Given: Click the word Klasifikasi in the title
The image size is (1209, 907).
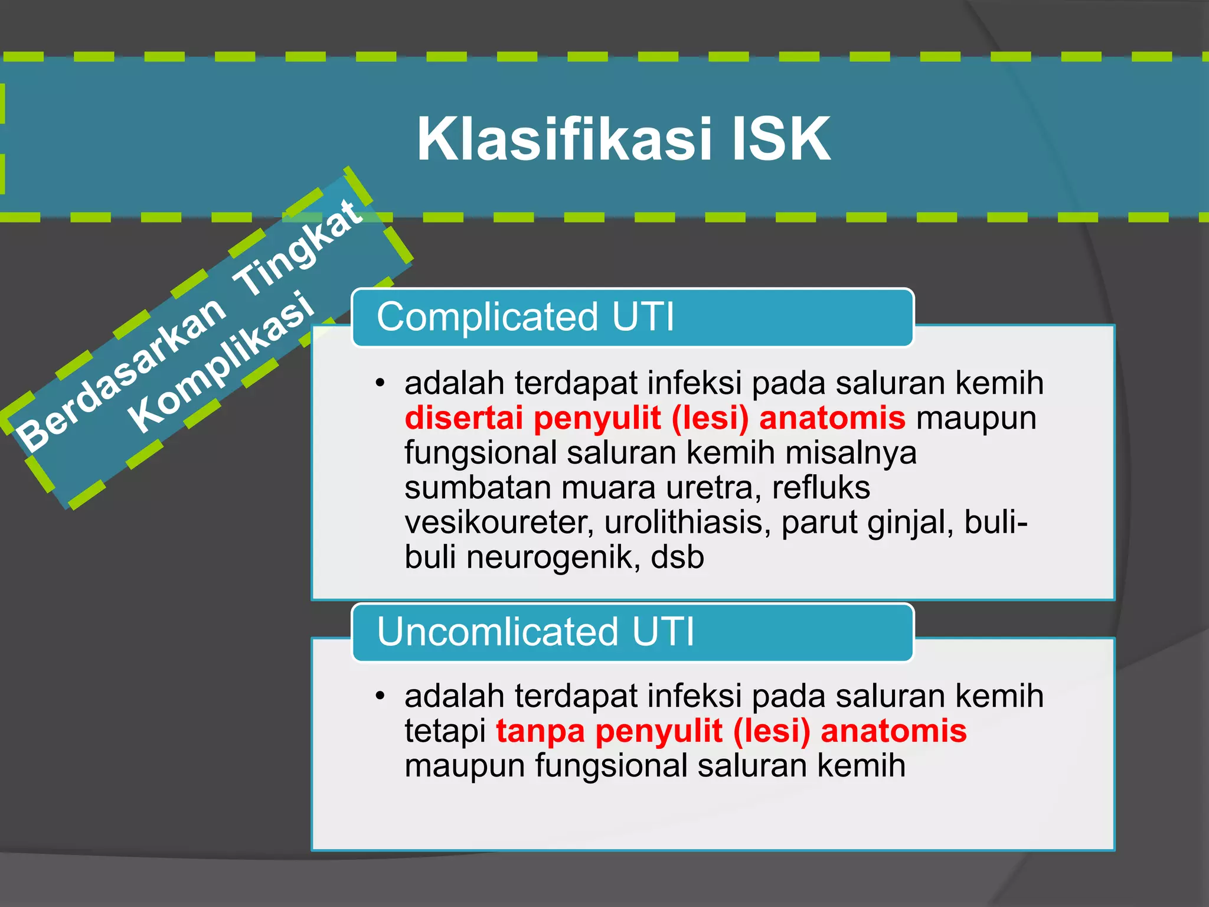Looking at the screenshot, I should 564,139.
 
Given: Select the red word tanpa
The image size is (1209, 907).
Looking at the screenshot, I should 540,731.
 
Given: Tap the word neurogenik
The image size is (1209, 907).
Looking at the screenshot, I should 553,557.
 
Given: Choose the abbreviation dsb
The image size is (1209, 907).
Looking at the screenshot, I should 677,557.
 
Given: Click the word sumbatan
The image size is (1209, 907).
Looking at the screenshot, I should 478,488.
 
